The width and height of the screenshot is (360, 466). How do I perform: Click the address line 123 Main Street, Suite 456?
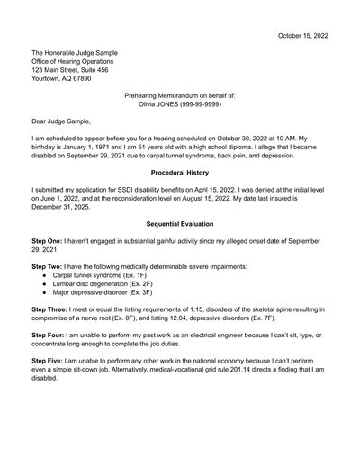[x=70, y=69]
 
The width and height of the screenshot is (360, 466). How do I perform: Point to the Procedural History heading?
[x=180, y=171]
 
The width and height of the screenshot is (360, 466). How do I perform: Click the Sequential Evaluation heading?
[x=180, y=222]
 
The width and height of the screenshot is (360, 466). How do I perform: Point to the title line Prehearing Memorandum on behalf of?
[x=180, y=94]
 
